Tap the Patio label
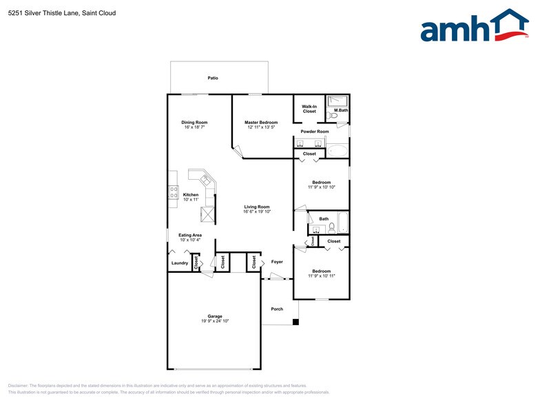tap(213, 79)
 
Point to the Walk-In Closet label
tap(309, 108)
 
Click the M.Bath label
tap(340, 110)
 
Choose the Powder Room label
tap(315, 131)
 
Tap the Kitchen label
tap(191, 194)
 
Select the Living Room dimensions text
tap(257, 211)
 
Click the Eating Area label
tap(190, 235)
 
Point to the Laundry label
tap(179, 262)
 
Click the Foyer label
tap(277, 262)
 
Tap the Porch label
tap(277, 309)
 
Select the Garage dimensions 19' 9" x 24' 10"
tap(215, 321)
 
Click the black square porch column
tap(296, 322)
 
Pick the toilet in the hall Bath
tap(331, 227)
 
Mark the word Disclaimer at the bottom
tap(21, 386)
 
